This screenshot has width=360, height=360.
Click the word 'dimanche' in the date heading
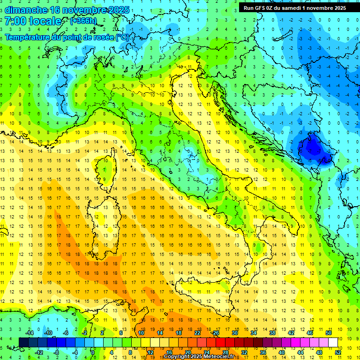pyautogui.click(x=26, y=10)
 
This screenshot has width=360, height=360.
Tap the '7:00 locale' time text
pyautogui.click(x=33, y=21)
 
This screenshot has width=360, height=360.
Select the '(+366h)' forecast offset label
pyautogui.click(x=83, y=21)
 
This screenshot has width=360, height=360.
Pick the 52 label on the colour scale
pyautogui.click(x=337, y=352)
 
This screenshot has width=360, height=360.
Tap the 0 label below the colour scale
pyautogui.click(x=93, y=352)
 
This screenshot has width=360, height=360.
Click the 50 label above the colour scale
pyautogui.click(x=328, y=333)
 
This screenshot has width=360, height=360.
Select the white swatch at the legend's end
pyautogui.click(x=333, y=342)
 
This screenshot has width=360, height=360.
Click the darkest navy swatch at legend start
pyautogui.click(x=24, y=342)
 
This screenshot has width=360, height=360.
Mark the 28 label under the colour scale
pyautogui.click(x=225, y=352)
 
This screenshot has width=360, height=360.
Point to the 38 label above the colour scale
pyautogui.click(x=272, y=333)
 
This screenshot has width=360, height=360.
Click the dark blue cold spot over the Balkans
pyautogui.click(x=310, y=149)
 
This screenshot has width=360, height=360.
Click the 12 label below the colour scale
pyautogui.click(x=150, y=352)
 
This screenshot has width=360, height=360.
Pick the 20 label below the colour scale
pyautogui.click(x=187, y=352)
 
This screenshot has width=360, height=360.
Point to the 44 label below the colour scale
pyautogui.click(x=300, y=352)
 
